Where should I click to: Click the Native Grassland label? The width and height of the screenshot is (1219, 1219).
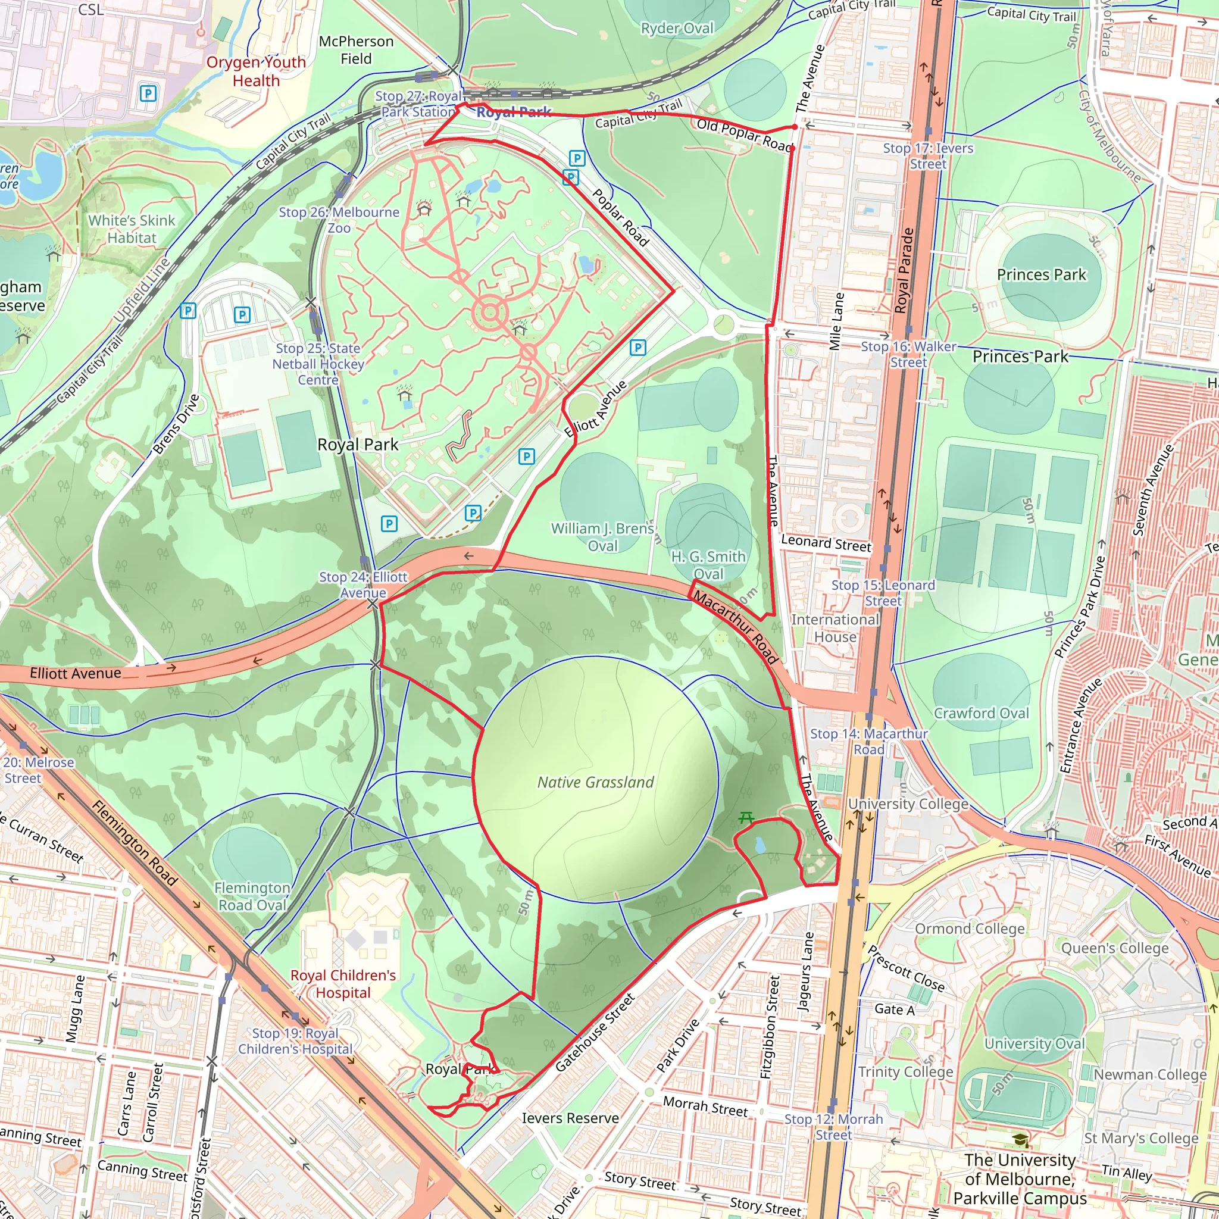pyautogui.click(x=595, y=782)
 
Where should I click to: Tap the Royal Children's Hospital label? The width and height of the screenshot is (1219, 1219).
pyautogui.click(x=343, y=984)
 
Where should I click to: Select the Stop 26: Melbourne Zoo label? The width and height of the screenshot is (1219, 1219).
pyautogui.click(x=339, y=220)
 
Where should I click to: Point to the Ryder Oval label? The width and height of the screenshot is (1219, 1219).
pyautogui.click(x=677, y=29)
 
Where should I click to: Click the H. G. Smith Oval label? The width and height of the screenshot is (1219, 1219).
pyautogui.click(x=708, y=565)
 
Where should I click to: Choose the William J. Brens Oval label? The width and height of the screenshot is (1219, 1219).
pyautogui.click(x=602, y=537)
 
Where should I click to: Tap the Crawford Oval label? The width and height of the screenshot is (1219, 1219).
pyautogui.click(x=981, y=713)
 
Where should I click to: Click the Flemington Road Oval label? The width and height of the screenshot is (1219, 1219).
pyautogui.click(x=252, y=896)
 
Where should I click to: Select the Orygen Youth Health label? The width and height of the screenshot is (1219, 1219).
pyautogui.click(x=256, y=71)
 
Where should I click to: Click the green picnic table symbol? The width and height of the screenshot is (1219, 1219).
pyautogui.click(x=746, y=818)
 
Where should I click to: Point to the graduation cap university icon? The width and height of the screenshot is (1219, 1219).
pyautogui.click(x=1020, y=1139)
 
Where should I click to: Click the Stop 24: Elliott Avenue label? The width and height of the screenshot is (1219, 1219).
pyautogui.click(x=364, y=585)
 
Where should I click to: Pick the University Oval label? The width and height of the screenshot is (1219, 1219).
pyautogui.click(x=1034, y=1043)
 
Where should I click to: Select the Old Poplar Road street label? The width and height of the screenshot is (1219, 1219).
pyautogui.click(x=745, y=135)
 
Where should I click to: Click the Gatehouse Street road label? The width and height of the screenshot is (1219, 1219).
pyautogui.click(x=595, y=1032)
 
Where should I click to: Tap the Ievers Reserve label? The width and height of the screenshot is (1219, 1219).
pyautogui.click(x=570, y=1118)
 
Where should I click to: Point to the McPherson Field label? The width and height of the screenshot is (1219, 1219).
pyautogui.click(x=356, y=50)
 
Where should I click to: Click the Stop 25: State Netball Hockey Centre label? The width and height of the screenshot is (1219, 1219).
pyautogui.click(x=318, y=364)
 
